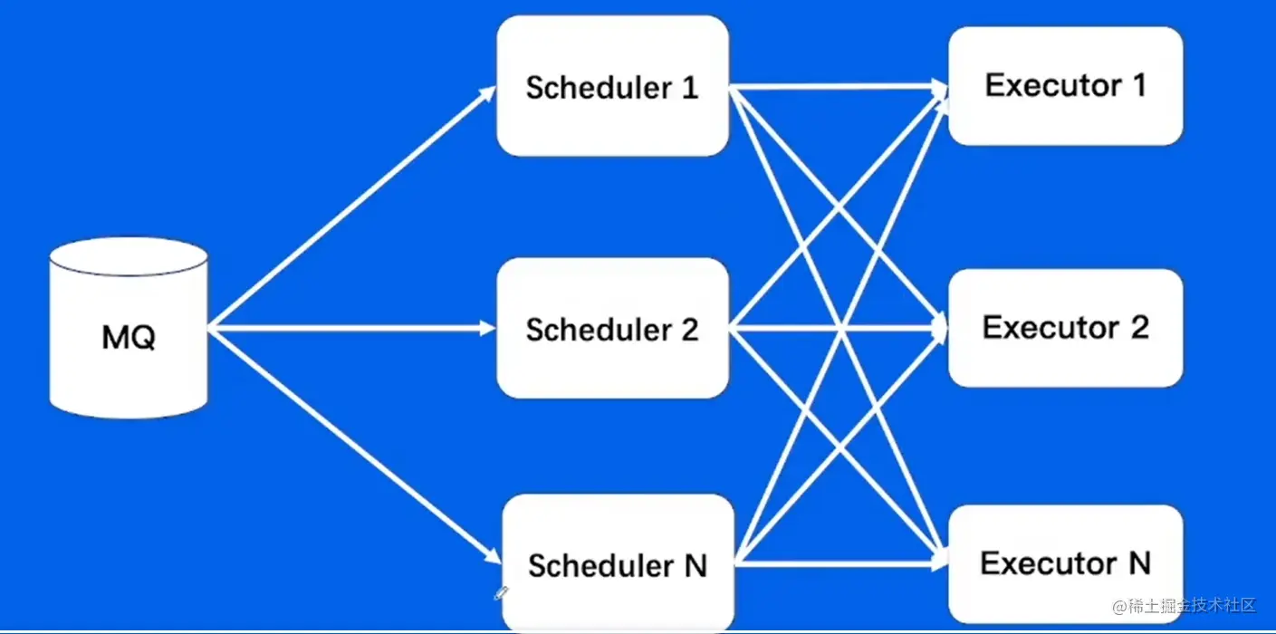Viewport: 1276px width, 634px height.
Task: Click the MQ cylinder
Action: point(129,328)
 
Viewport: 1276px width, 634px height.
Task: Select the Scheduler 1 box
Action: point(612,86)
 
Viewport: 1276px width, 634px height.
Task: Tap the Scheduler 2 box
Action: point(612,328)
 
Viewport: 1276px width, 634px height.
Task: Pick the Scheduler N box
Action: point(618,562)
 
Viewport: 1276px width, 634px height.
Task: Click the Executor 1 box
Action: point(1065,86)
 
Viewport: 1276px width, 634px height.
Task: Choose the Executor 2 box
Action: point(1065,328)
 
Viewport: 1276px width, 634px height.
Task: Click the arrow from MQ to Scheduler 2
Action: point(352,328)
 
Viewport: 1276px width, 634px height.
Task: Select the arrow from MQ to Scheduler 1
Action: point(352,207)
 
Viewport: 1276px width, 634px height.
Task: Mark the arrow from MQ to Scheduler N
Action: point(354,446)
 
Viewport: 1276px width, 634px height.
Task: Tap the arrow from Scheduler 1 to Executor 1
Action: point(839,87)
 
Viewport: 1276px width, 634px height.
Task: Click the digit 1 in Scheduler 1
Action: point(690,88)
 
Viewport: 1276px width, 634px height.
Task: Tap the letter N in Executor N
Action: point(1139,563)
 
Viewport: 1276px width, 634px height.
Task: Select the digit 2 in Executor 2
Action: point(1139,328)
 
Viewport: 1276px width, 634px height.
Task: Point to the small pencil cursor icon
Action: point(501,593)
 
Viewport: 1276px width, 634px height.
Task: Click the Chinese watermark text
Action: point(1185,606)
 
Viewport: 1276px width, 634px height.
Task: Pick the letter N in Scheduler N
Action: point(696,566)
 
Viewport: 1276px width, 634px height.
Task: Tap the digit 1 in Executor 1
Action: point(1140,85)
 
